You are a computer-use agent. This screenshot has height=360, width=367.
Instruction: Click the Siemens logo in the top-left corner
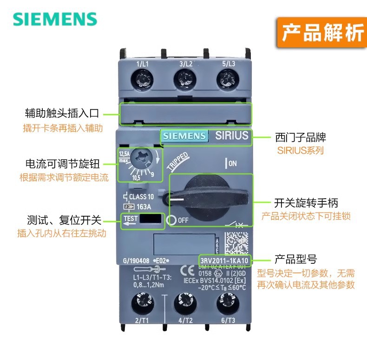coord(55,19)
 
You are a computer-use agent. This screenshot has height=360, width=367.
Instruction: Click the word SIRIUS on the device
coord(232,135)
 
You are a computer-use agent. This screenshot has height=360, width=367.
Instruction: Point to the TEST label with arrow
coord(131,219)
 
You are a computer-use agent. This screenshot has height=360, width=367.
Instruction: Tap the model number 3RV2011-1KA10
coord(225,260)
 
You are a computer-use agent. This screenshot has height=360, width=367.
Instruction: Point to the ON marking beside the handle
coord(231,163)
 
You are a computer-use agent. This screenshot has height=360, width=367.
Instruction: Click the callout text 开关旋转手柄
coord(306,203)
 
